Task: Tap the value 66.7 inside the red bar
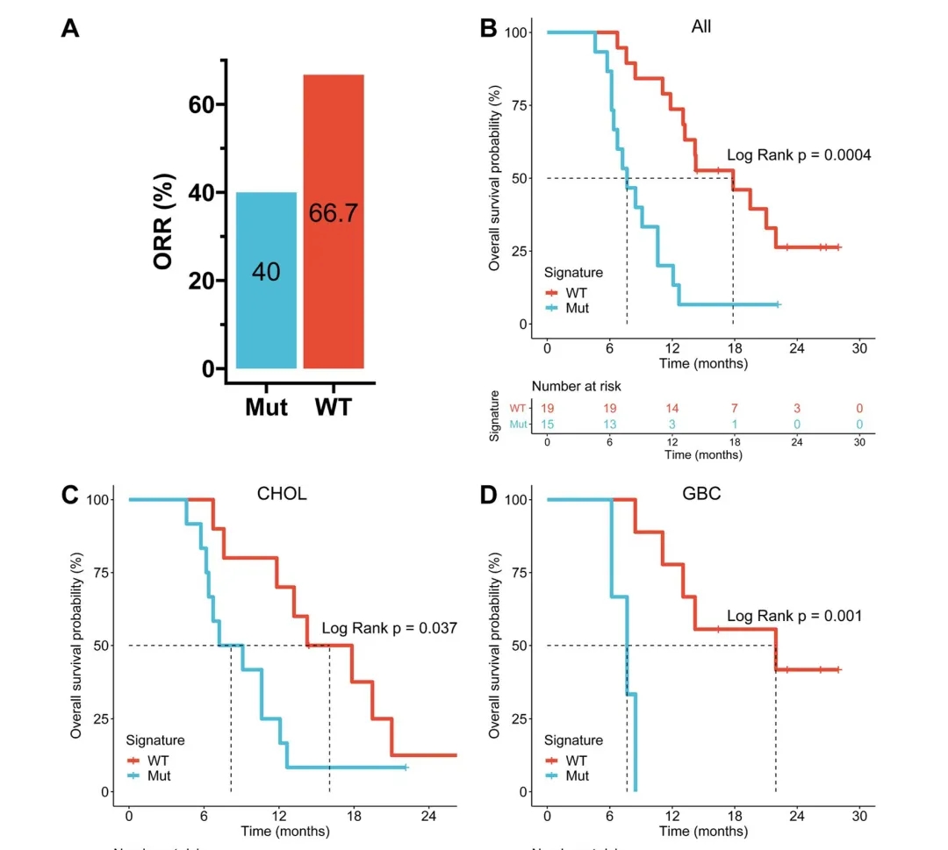[x=334, y=213]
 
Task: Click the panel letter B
[x=489, y=27]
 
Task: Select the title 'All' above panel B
[x=701, y=26]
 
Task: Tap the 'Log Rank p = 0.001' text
[x=794, y=616]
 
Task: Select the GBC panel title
[x=702, y=494]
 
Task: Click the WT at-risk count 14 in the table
[x=671, y=408]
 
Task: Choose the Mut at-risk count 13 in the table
[x=608, y=425]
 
